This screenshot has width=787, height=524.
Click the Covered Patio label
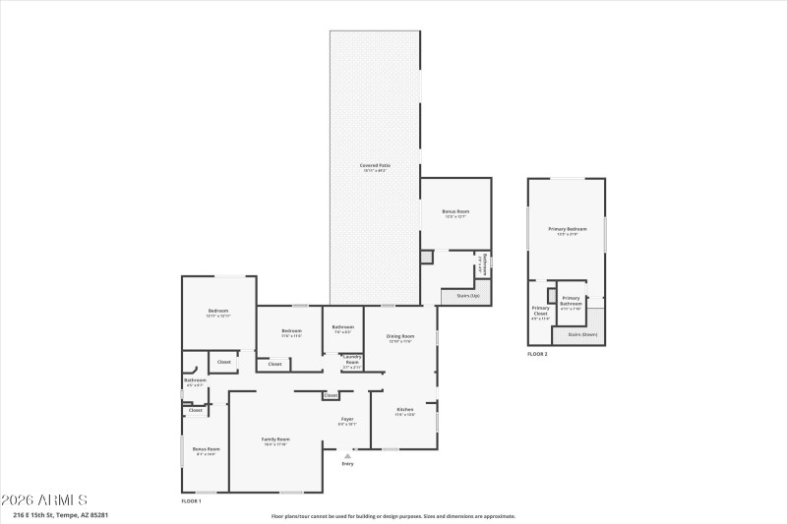pyautogui.click(x=375, y=165)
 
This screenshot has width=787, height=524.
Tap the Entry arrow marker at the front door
pyautogui.click(x=347, y=455)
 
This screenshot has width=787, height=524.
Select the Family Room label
pyautogui.click(x=275, y=439)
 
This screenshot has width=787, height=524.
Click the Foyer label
pyautogui.click(x=347, y=420)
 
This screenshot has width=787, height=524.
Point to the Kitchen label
pyautogui.click(x=404, y=410)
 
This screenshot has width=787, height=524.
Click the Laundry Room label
pyautogui.click(x=351, y=360)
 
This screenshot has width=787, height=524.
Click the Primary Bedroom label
pyautogui.click(x=567, y=229)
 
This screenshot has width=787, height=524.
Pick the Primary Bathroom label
pyautogui.click(x=572, y=300)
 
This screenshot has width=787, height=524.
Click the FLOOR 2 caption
pyautogui.click(x=537, y=354)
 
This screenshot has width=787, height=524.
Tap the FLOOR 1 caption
pyautogui.click(x=191, y=500)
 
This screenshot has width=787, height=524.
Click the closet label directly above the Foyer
pyautogui.click(x=332, y=395)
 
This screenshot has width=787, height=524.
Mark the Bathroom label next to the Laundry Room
pyautogui.click(x=342, y=327)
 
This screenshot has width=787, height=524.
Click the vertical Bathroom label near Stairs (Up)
pyautogui.click(x=484, y=264)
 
